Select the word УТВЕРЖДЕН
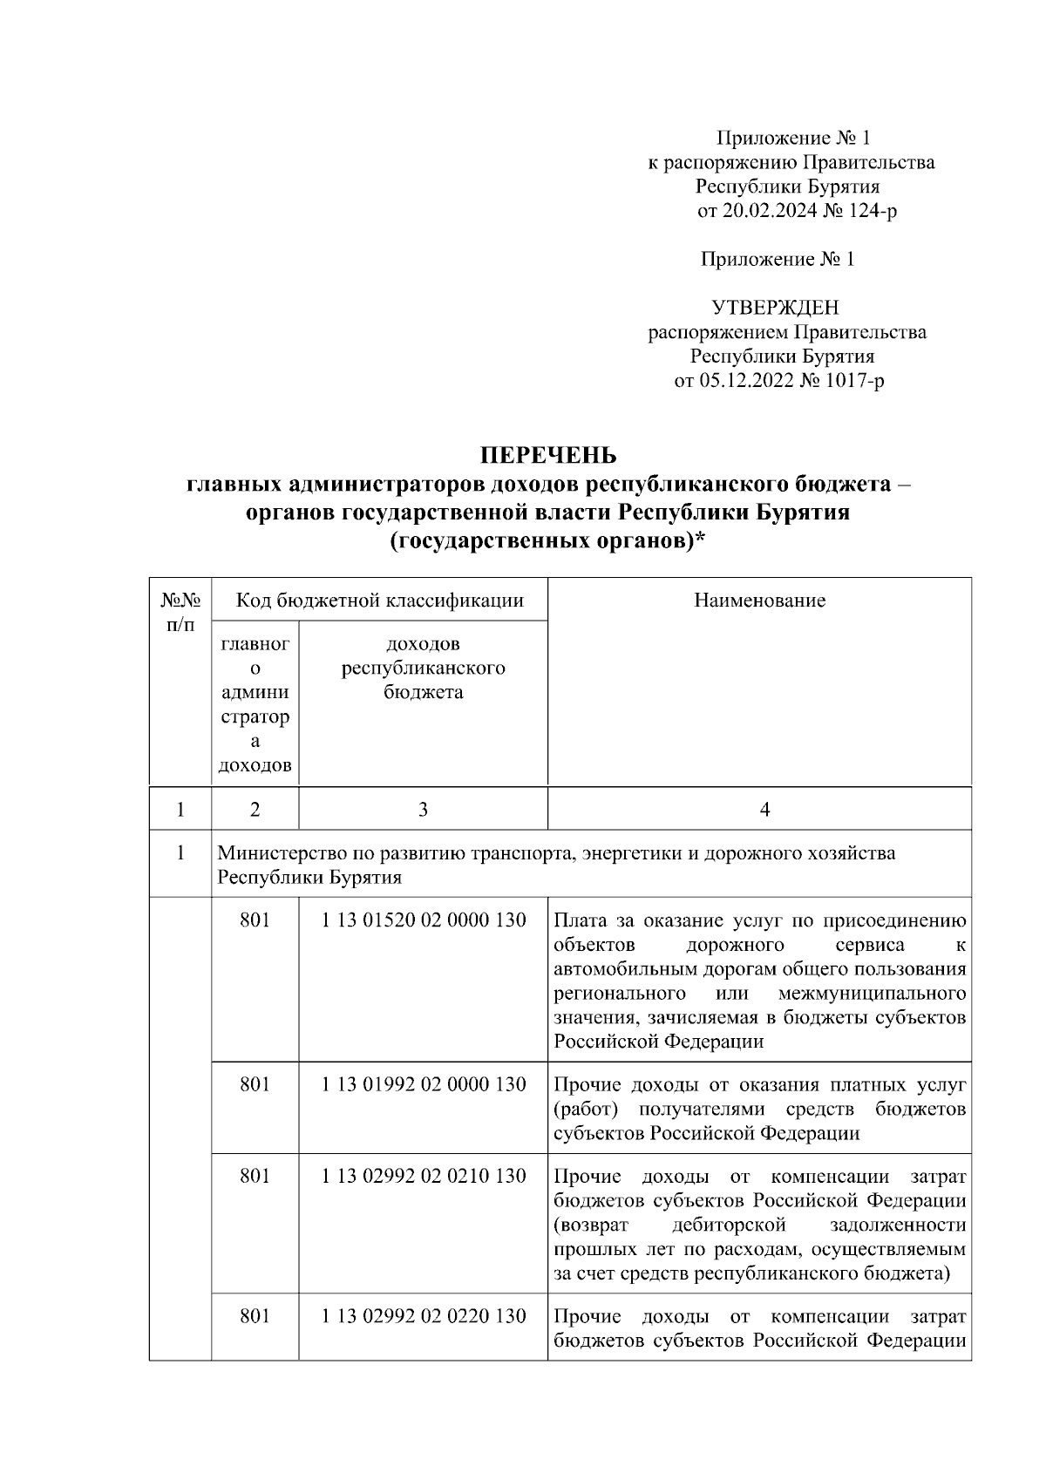point(775,308)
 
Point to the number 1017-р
point(853,380)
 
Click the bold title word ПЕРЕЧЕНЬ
point(549,456)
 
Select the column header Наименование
point(759,601)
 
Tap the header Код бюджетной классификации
point(379,601)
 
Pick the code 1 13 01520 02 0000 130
point(424,921)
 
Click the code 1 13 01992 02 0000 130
point(424,1085)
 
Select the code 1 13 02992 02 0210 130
point(424,1177)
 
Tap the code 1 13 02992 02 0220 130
point(424,1316)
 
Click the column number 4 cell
point(764,810)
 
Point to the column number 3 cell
point(423,810)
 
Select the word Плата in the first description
point(579,921)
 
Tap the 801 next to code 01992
point(255,1085)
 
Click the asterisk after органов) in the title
point(699,540)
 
